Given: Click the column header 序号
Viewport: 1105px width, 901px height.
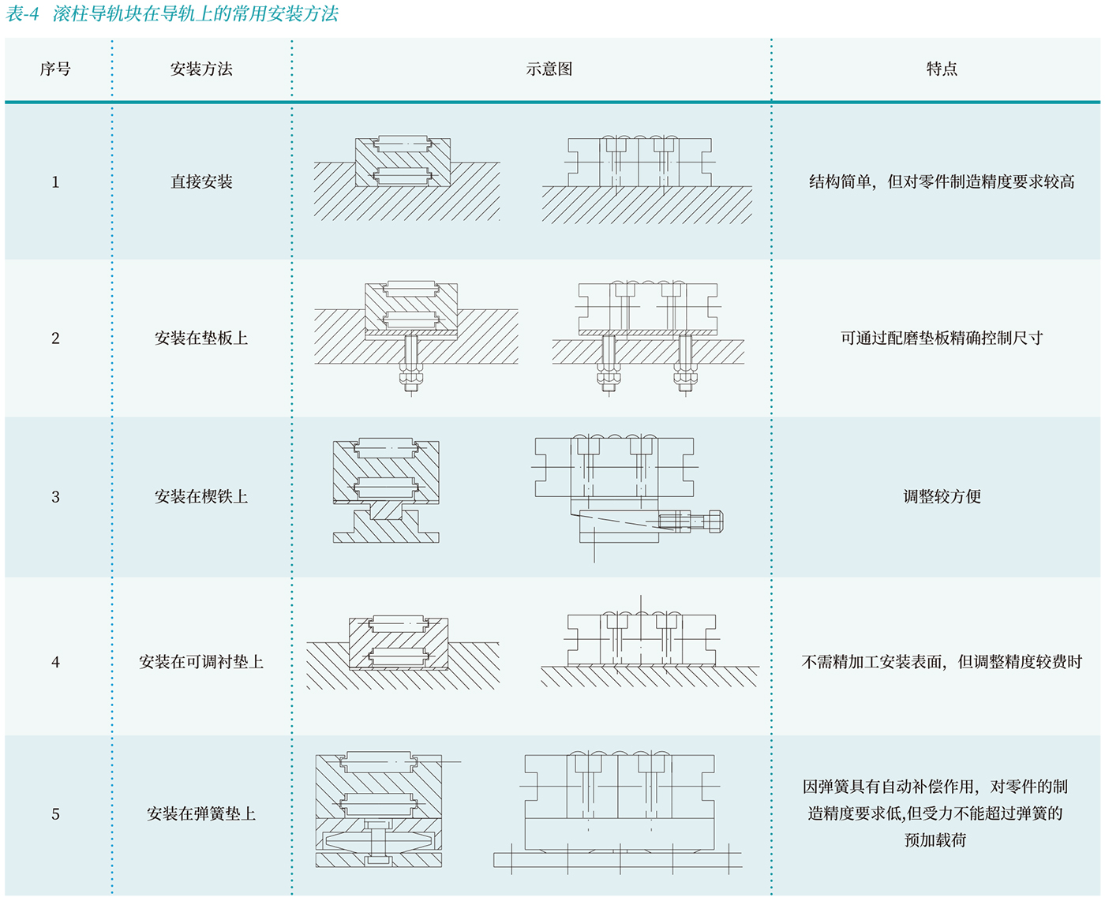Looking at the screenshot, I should pyautogui.click(x=55, y=69).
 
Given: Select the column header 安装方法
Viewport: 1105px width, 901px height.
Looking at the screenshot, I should pyautogui.click(x=201, y=69).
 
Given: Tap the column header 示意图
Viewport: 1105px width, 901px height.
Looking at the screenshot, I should pyautogui.click(x=549, y=69).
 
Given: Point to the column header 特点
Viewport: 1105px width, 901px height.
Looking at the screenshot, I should pyautogui.click(x=942, y=69).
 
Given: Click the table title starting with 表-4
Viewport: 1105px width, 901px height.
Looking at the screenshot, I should pyautogui.click(x=172, y=13).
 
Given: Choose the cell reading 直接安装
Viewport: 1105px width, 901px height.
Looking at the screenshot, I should pyautogui.click(x=201, y=182).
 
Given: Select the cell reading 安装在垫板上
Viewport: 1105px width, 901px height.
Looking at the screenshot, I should pyautogui.click(x=201, y=338).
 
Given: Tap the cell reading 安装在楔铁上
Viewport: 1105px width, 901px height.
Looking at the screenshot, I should pyautogui.click(x=201, y=497).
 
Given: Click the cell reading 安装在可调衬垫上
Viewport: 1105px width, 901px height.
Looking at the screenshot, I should pyautogui.click(x=201, y=662).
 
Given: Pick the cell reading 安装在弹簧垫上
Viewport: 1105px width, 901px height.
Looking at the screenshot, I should pyautogui.click(x=201, y=814).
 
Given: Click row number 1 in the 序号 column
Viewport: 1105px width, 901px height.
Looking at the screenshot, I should pyautogui.click(x=55, y=182).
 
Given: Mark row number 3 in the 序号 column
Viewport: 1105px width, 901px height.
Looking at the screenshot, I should pyautogui.click(x=55, y=497).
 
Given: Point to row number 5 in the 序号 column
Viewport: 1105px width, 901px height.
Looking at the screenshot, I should pyautogui.click(x=55, y=814).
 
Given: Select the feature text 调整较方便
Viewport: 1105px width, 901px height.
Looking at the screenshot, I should pyautogui.click(x=942, y=497).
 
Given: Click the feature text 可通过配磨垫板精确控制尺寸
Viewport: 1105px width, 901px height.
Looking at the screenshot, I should pyautogui.click(x=942, y=338).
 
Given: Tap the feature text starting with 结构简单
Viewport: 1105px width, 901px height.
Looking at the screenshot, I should pyautogui.click(x=942, y=182).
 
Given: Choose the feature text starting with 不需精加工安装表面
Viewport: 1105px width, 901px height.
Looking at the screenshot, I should pyautogui.click(x=942, y=662).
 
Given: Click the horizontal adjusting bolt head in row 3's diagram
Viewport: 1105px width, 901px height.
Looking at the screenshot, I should pyautogui.click(x=716, y=521).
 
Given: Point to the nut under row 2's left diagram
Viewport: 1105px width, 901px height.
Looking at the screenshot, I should pyautogui.click(x=410, y=379).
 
